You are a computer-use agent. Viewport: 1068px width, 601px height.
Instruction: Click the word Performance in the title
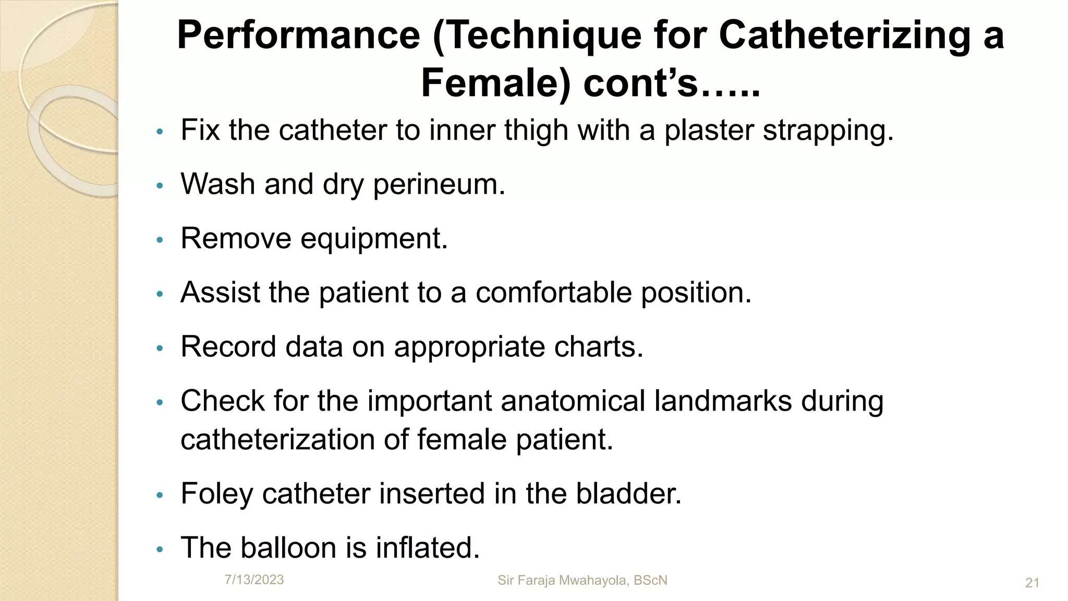tap(298, 35)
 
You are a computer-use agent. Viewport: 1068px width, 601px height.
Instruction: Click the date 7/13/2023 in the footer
tap(254, 580)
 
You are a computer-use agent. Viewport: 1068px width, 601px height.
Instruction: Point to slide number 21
tap(1032, 583)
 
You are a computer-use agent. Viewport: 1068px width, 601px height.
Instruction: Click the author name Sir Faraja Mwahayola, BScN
tap(582, 580)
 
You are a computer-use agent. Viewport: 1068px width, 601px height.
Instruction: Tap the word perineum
tap(439, 185)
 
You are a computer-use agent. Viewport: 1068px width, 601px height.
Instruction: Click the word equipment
tap(374, 239)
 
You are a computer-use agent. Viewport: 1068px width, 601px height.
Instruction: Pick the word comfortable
tap(553, 293)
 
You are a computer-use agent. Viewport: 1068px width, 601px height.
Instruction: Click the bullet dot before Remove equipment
tap(160, 240)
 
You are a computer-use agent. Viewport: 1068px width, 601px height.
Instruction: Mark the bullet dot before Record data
tap(160, 348)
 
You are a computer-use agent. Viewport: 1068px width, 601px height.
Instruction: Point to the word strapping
tap(828, 130)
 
